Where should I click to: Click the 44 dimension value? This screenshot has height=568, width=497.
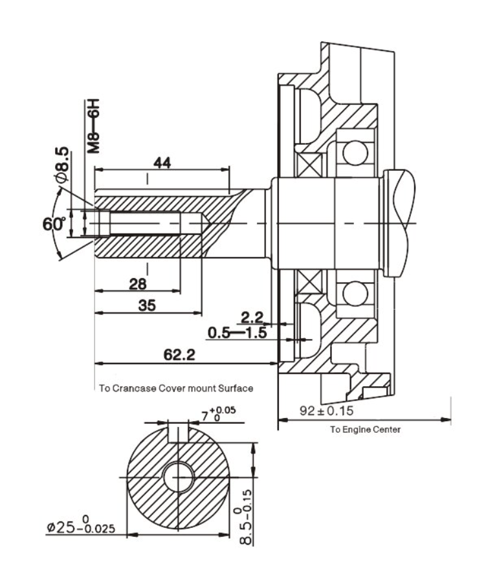tap(162, 163)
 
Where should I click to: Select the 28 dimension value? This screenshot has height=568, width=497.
tap(138, 285)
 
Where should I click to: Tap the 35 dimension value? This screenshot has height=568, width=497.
tap(147, 305)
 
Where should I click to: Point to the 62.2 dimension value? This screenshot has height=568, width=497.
tap(179, 355)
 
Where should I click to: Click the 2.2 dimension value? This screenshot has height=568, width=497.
tap(252, 318)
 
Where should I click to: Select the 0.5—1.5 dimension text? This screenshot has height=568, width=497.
tap(237, 333)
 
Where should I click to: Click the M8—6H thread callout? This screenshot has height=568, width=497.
tap(93, 126)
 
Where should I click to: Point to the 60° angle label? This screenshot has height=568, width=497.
tap(54, 224)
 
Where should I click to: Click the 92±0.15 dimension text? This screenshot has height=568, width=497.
tap(326, 410)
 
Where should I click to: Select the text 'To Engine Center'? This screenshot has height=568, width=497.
tap(365, 430)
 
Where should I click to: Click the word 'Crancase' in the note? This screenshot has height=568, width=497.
tap(134, 388)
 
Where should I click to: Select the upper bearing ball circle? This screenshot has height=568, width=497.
tap(355, 153)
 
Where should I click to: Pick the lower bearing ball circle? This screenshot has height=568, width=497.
tap(355, 293)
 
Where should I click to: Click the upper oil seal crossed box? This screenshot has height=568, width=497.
tap(309, 165)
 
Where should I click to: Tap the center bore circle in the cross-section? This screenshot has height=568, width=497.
tap(179, 477)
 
